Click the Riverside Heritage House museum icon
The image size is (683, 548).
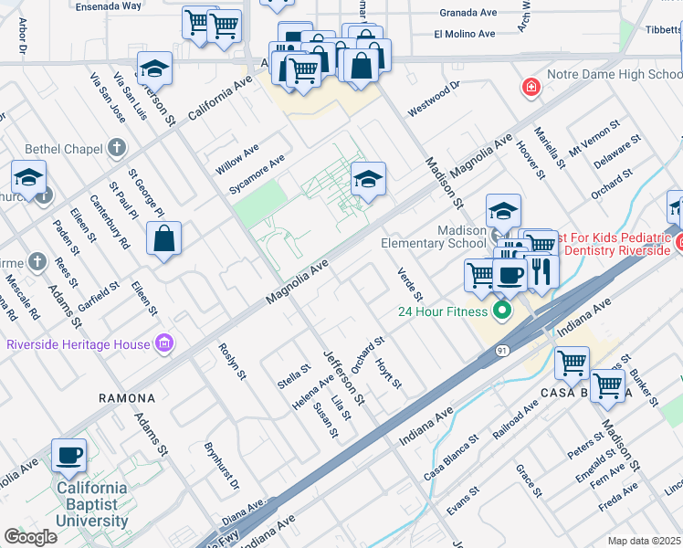(164, 343)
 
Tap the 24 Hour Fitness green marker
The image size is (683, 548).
(500, 312)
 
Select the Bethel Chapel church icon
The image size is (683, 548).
(116, 147)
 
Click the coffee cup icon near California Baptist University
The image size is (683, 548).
(68, 454)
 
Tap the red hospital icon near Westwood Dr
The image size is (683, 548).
(529, 89)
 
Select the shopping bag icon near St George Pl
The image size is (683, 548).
(163, 239)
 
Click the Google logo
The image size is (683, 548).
(30, 536)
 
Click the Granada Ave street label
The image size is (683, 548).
(468, 16)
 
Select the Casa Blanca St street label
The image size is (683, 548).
(451, 458)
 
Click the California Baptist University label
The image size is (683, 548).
(92, 504)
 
